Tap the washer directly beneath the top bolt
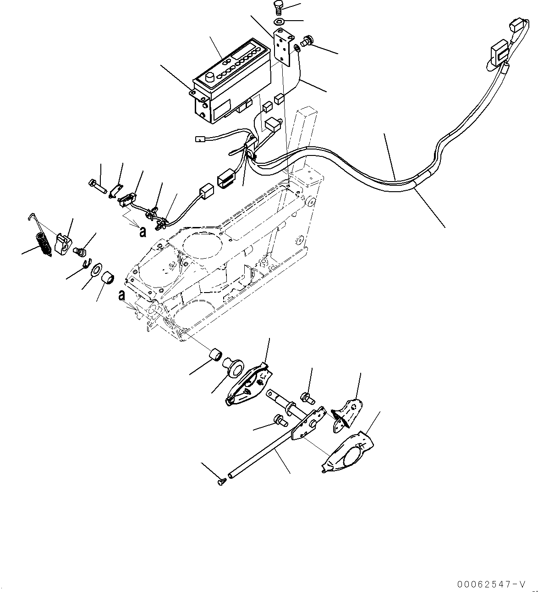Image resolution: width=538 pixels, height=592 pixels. pyautogui.click(x=279, y=22)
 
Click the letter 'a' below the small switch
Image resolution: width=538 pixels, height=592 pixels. pyautogui.click(x=143, y=232)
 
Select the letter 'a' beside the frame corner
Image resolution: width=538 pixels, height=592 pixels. pyautogui.click(x=121, y=295)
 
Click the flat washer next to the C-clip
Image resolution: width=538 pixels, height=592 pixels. pyautogui.click(x=97, y=270)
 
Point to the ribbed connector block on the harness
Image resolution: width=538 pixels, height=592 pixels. pyautogui.click(x=226, y=178)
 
